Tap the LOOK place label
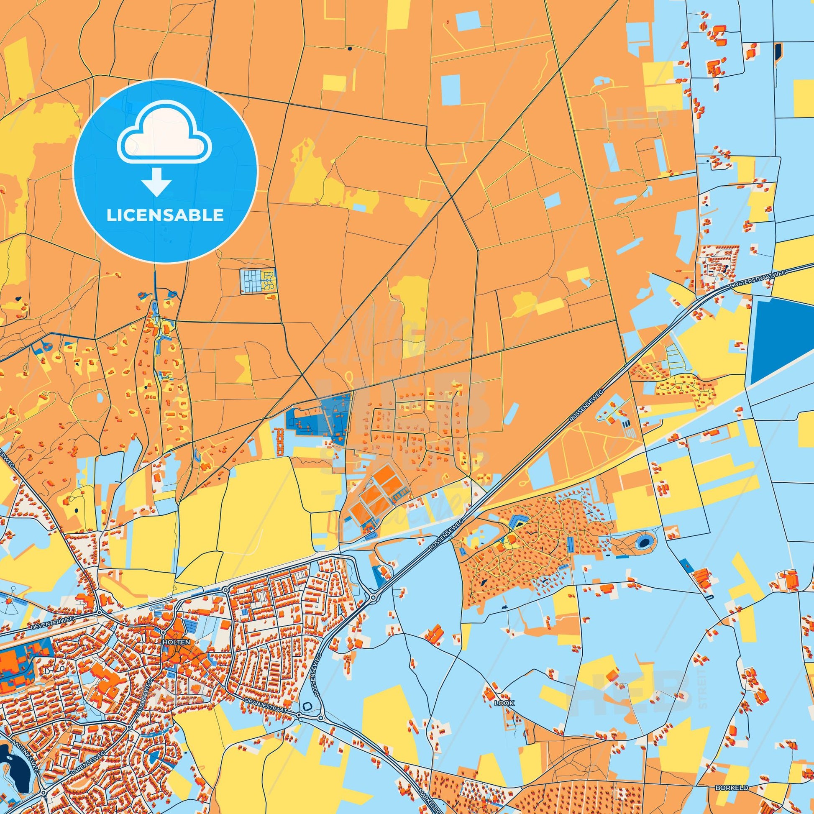pos(504,704)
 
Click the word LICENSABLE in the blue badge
pos(165,215)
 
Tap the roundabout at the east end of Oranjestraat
pos(299,715)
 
